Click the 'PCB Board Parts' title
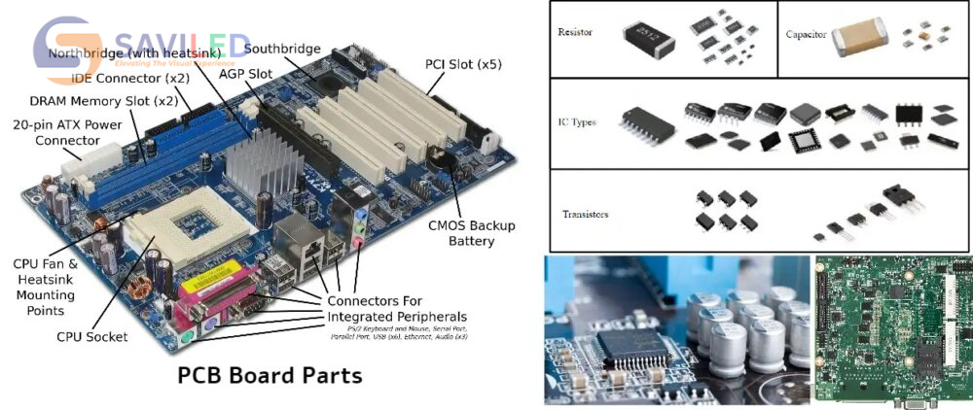270,374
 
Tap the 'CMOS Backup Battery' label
472,233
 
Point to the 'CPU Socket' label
91,337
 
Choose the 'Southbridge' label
281,49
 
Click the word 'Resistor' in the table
575,33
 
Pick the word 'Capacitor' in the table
807,35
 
